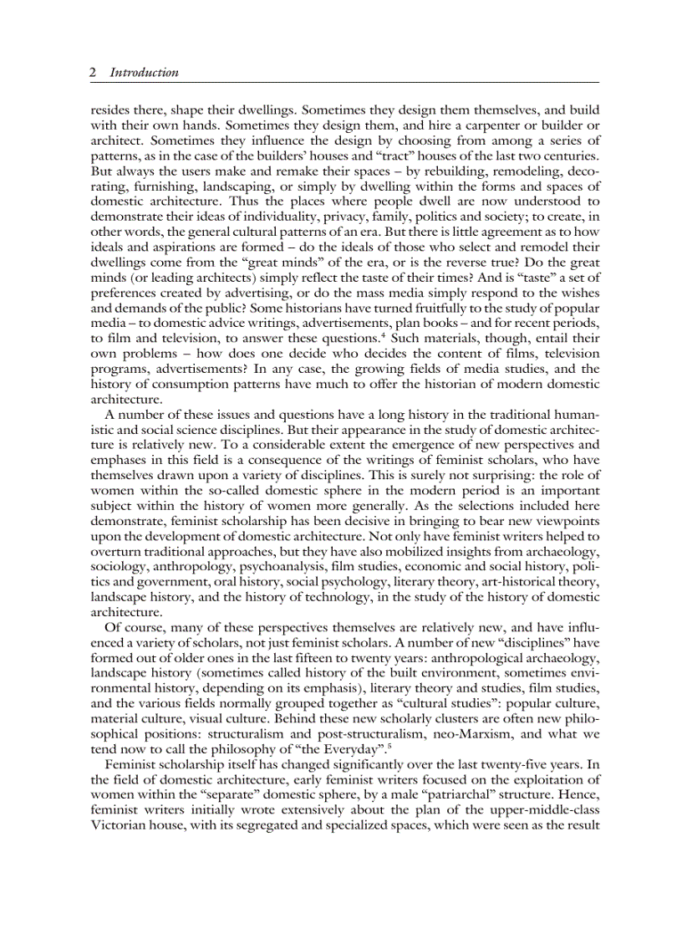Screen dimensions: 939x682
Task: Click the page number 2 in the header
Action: tap(93, 73)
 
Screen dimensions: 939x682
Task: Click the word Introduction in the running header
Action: tap(145, 73)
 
